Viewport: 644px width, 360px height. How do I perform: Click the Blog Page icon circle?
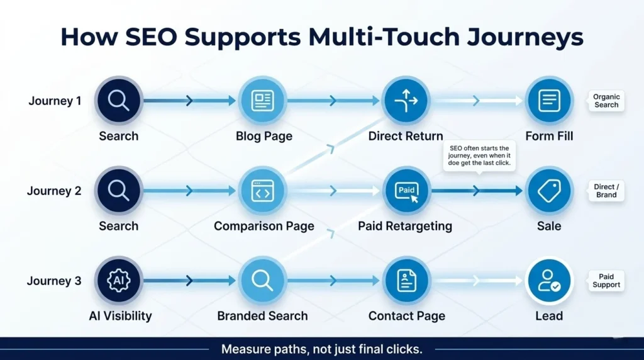tap(262, 101)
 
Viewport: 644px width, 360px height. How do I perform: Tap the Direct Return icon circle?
tap(406, 101)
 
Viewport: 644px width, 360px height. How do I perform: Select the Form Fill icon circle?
tap(549, 101)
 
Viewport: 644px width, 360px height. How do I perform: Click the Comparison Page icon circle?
tap(262, 191)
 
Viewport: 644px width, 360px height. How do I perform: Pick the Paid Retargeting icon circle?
tap(406, 191)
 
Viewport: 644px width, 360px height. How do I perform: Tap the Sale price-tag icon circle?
tap(549, 191)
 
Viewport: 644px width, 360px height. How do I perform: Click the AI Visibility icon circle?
tap(118, 281)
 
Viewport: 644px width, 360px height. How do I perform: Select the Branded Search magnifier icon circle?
tap(262, 281)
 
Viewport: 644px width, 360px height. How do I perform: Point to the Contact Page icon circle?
tap(406, 281)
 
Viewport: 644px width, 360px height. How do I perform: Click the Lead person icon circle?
tap(549, 281)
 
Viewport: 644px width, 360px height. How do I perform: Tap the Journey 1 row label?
tap(55, 101)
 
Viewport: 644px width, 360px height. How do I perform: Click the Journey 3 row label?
tap(54, 281)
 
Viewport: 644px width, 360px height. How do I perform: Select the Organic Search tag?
tap(606, 101)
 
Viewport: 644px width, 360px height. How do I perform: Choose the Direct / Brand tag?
tap(606, 191)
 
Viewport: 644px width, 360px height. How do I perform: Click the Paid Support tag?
tap(606, 281)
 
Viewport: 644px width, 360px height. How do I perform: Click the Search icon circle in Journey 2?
tap(118, 191)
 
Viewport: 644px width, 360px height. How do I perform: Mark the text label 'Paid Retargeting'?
tap(405, 226)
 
